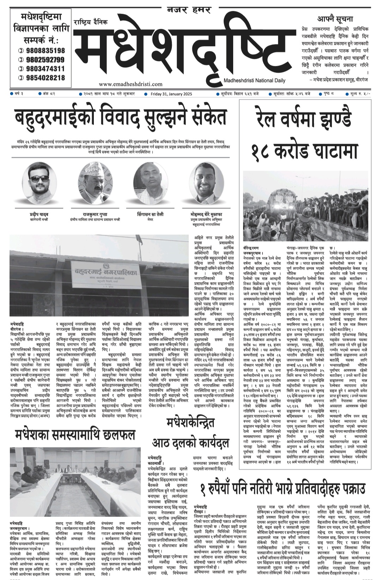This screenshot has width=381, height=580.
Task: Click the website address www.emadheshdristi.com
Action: pos(131,84)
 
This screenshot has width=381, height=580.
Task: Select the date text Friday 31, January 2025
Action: pos(171,94)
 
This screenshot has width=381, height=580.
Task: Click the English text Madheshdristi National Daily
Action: pos(254,80)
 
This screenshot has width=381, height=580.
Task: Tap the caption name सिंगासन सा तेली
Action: pos(150,214)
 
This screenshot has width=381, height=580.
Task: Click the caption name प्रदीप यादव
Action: pos(39,214)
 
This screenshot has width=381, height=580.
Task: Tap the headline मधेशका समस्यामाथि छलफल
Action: pos(75,434)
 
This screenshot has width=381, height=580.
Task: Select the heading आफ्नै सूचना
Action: pos(335,19)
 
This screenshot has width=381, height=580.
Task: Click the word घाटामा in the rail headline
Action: pos(330,151)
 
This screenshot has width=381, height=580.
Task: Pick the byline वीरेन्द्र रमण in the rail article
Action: pos(251,248)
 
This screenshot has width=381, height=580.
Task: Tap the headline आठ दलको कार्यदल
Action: pos(190,442)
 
